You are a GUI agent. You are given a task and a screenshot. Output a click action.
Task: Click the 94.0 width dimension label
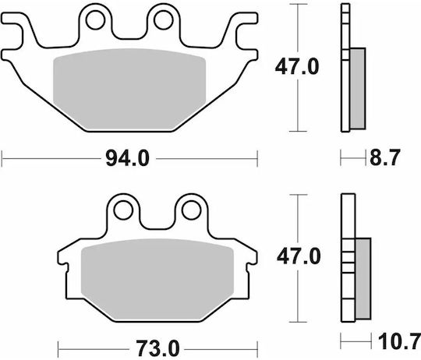(127, 158)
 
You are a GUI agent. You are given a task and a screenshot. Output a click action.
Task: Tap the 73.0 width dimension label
(157, 348)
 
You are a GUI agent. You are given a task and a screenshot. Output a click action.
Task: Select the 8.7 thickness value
(385, 157)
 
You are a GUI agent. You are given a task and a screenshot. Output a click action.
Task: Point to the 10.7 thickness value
(399, 341)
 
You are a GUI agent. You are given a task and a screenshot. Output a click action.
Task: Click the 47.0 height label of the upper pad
(297, 67)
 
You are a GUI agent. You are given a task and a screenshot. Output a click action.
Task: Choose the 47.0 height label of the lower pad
(299, 256)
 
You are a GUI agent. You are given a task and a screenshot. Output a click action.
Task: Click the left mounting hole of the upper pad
(95, 19)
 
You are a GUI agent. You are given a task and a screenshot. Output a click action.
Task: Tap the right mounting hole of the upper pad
(163, 19)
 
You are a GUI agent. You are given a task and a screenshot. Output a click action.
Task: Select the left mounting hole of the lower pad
(123, 210)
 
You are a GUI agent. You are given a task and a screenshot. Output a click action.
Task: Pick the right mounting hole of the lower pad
(191, 210)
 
